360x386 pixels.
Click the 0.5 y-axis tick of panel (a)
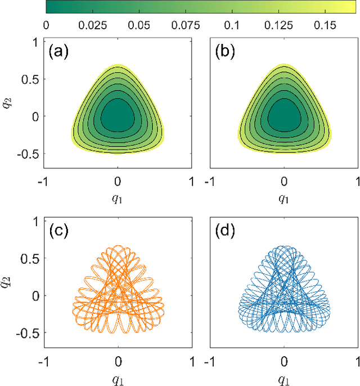click(31, 79)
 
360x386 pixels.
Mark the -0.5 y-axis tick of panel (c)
click(28, 332)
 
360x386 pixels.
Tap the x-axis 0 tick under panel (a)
click(118, 181)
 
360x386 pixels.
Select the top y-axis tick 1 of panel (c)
click(35, 221)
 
